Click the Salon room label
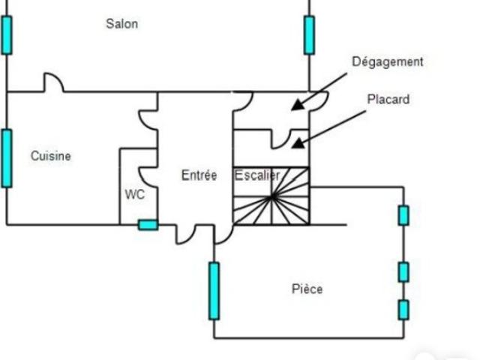(x=121, y=24)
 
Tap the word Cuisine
(x=51, y=156)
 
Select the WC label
(x=135, y=194)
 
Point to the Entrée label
(x=199, y=175)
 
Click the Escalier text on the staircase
(x=257, y=175)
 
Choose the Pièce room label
(x=307, y=289)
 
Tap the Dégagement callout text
(x=388, y=61)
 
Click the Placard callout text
(x=388, y=99)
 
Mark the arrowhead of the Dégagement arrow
(x=298, y=104)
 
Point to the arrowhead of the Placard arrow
(x=298, y=142)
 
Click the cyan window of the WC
(x=148, y=225)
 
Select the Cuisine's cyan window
(x=7, y=158)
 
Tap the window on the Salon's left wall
(x=7, y=35)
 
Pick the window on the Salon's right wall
(x=309, y=35)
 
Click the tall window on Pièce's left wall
(x=214, y=291)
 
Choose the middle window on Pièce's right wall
(x=403, y=271)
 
